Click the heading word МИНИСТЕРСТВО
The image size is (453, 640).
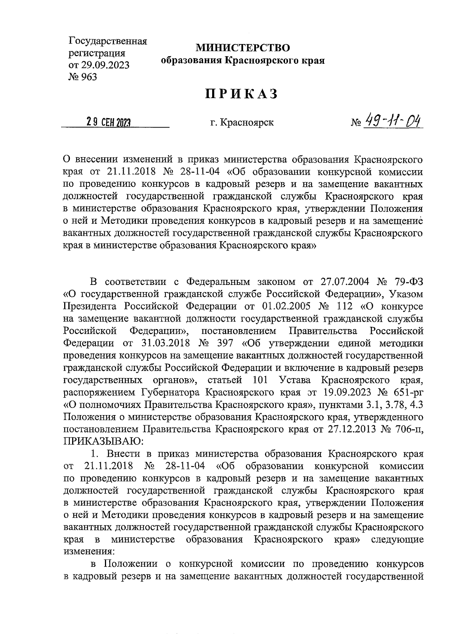(x=243, y=48)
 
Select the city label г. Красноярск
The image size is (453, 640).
(x=242, y=123)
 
